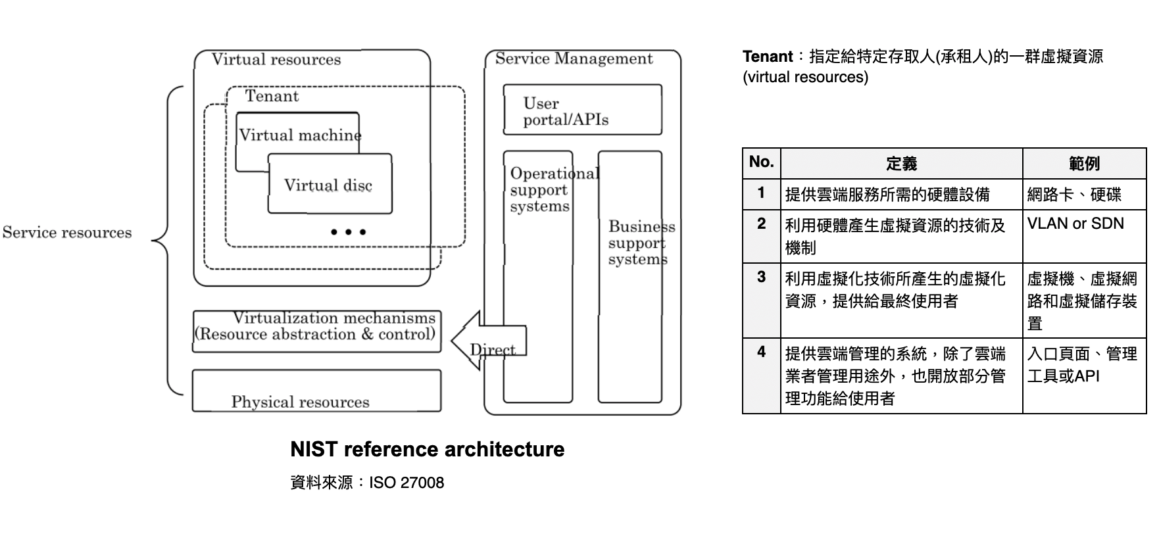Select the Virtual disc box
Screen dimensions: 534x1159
coord(330,185)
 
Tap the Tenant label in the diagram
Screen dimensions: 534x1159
coord(272,96)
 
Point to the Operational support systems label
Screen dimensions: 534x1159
coord(539,190)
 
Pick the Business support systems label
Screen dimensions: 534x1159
coord(636,243)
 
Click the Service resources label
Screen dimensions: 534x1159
coord(67,232)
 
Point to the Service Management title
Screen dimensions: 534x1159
coord(574,59)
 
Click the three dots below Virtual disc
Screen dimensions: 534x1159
coord(348,231)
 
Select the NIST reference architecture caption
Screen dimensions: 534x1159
coord(427,449)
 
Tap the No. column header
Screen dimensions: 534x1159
coord(761,162)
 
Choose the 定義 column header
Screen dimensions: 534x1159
coord(901,163)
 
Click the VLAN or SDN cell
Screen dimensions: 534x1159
coord(1075,224)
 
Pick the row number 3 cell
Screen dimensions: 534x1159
coord(761,278)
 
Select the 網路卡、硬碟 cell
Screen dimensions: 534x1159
coord(1073,195)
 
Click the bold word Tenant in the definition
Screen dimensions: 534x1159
coord(767,57)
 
